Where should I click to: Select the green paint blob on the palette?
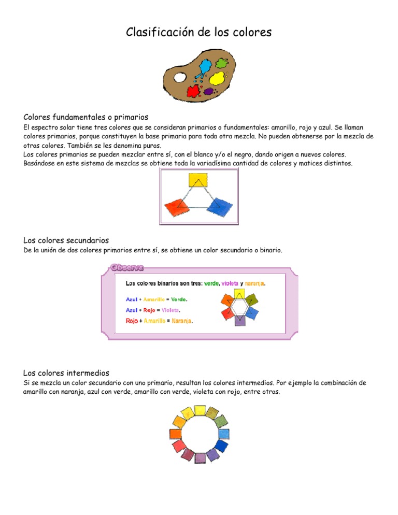coord(221,64)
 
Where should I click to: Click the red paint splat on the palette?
coord(193,92)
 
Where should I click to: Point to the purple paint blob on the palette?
coord(209,91)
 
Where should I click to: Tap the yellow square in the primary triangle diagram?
coord(198,180)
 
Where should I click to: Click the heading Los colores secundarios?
coord(66,240)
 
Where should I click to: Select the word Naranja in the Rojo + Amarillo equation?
coord(181,321)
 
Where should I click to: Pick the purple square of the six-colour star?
coord(239,321)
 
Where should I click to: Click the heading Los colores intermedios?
coord(66,373)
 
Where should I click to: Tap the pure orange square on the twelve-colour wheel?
coord(175,433)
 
